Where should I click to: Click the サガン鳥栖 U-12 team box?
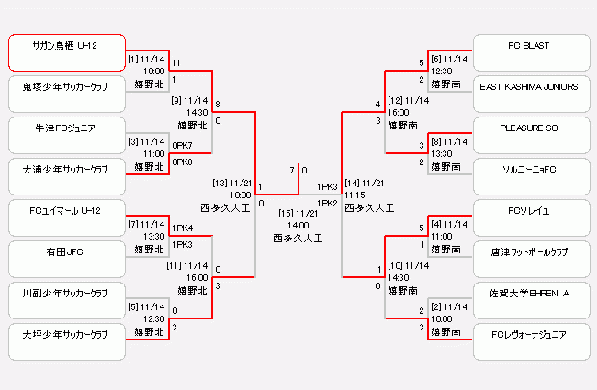(x=66, y=52)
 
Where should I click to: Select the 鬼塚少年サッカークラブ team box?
(x=66, y=94)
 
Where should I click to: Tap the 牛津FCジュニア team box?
(x=66, y=135)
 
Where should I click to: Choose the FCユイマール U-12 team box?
(x=66, y=217)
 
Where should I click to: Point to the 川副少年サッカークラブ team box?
(x=66, y=300)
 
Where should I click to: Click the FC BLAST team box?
(x=530, y=52)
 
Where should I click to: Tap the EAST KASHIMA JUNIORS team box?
(x=530, y=94)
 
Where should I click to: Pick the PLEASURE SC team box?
(x=530, y=135)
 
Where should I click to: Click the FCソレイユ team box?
(x=530, y=217)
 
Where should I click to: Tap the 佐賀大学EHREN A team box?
(x=530, y=300)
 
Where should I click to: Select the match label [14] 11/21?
(x=365, y=183)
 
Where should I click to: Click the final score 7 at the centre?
(x=292, y=170)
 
